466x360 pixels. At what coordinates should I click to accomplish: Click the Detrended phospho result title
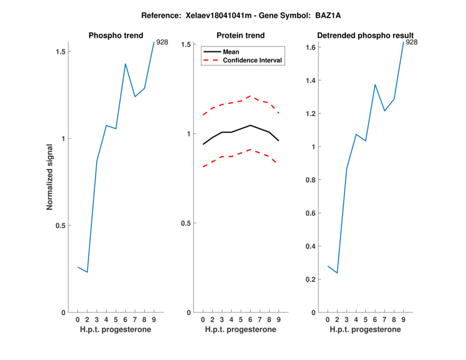pyautogui.click(x=365, y=36)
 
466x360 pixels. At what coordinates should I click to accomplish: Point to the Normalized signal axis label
pyautogui.click(x=50, y=177)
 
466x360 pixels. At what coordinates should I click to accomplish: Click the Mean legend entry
pyautogui.click(x=231, y=52)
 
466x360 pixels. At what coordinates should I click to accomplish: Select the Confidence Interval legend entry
pyautogui.click(x=253, y=60)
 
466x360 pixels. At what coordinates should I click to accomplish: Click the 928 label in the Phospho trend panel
pyautogui.click(x=163, y=42)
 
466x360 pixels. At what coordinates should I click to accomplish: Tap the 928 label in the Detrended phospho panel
pyautogui.click(x=412, y=42)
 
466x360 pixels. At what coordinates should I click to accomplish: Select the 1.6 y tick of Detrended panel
pyautogui.click(x=310, y=47)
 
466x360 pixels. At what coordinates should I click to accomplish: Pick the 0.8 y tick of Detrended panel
pyautogui.click(x=310, y=180)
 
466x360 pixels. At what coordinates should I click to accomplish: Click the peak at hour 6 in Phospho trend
pyautogui.click(x=125, y=63)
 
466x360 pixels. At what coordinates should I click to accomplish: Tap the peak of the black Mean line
pyautogui.click(x=250, y=125)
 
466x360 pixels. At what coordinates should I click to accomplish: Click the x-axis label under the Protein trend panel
pyautogui.click(x=240, y=330)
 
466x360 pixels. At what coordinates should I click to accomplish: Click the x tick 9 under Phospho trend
pyautogui.click(x=154, y=319)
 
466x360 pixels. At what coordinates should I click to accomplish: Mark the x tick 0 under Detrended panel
pyautogui.click(x=328, y=319)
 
